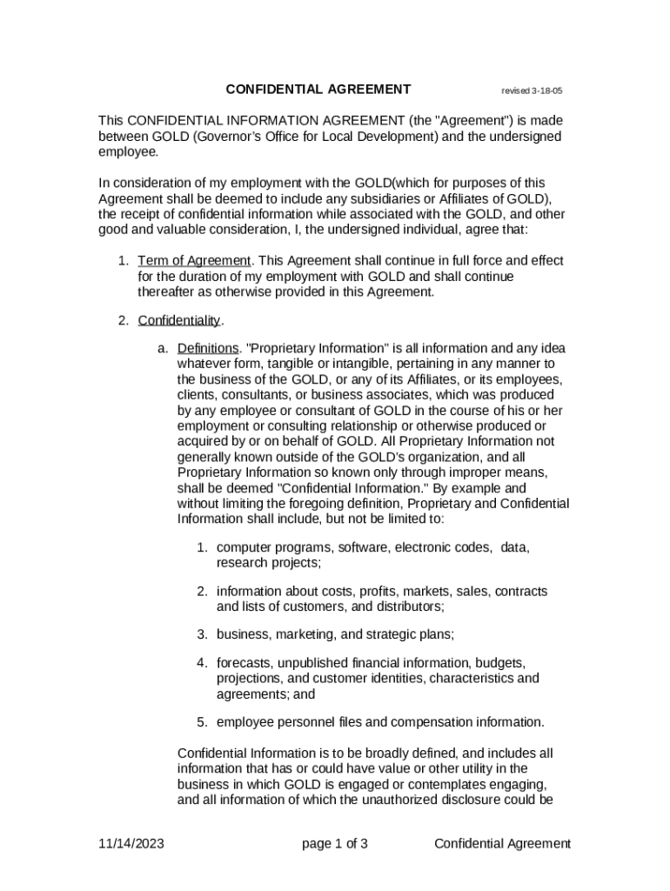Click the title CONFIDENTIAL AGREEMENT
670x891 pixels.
(x=318, y=89)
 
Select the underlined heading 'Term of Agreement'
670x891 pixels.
(x=195, y=261)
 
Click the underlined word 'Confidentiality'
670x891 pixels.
(x=179, y=321)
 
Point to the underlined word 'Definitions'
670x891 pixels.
(x=207, y=348)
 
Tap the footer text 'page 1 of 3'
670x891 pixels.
(x=335, y=843)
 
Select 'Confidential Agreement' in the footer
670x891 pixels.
(x=502, y=843)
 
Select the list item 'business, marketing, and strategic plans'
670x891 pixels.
(x=335, y=633)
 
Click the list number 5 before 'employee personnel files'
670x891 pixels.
(x=200, y=721)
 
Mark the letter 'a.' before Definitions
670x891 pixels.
(x=163, y=348)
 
